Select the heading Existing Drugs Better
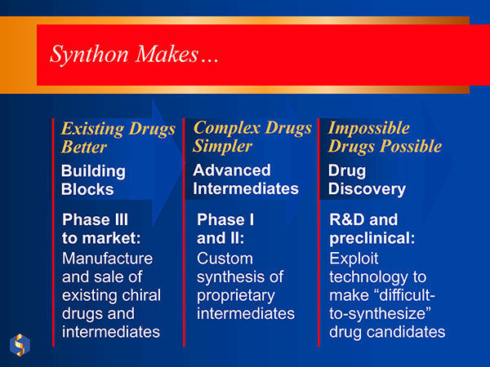(x=118, y=138)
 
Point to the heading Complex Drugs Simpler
(x=252, y=137)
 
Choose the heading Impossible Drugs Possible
(x=385, y=137)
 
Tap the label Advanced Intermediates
(x=246, y=179)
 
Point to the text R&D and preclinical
(x=372, y=229)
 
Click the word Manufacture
(x=107, y=259)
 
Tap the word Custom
(x=225, y=259)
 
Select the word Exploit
(x=355, y=259)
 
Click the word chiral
(x=141, y=295)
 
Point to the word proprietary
(x=236, y=295)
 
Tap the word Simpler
(x=223, y=147)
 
